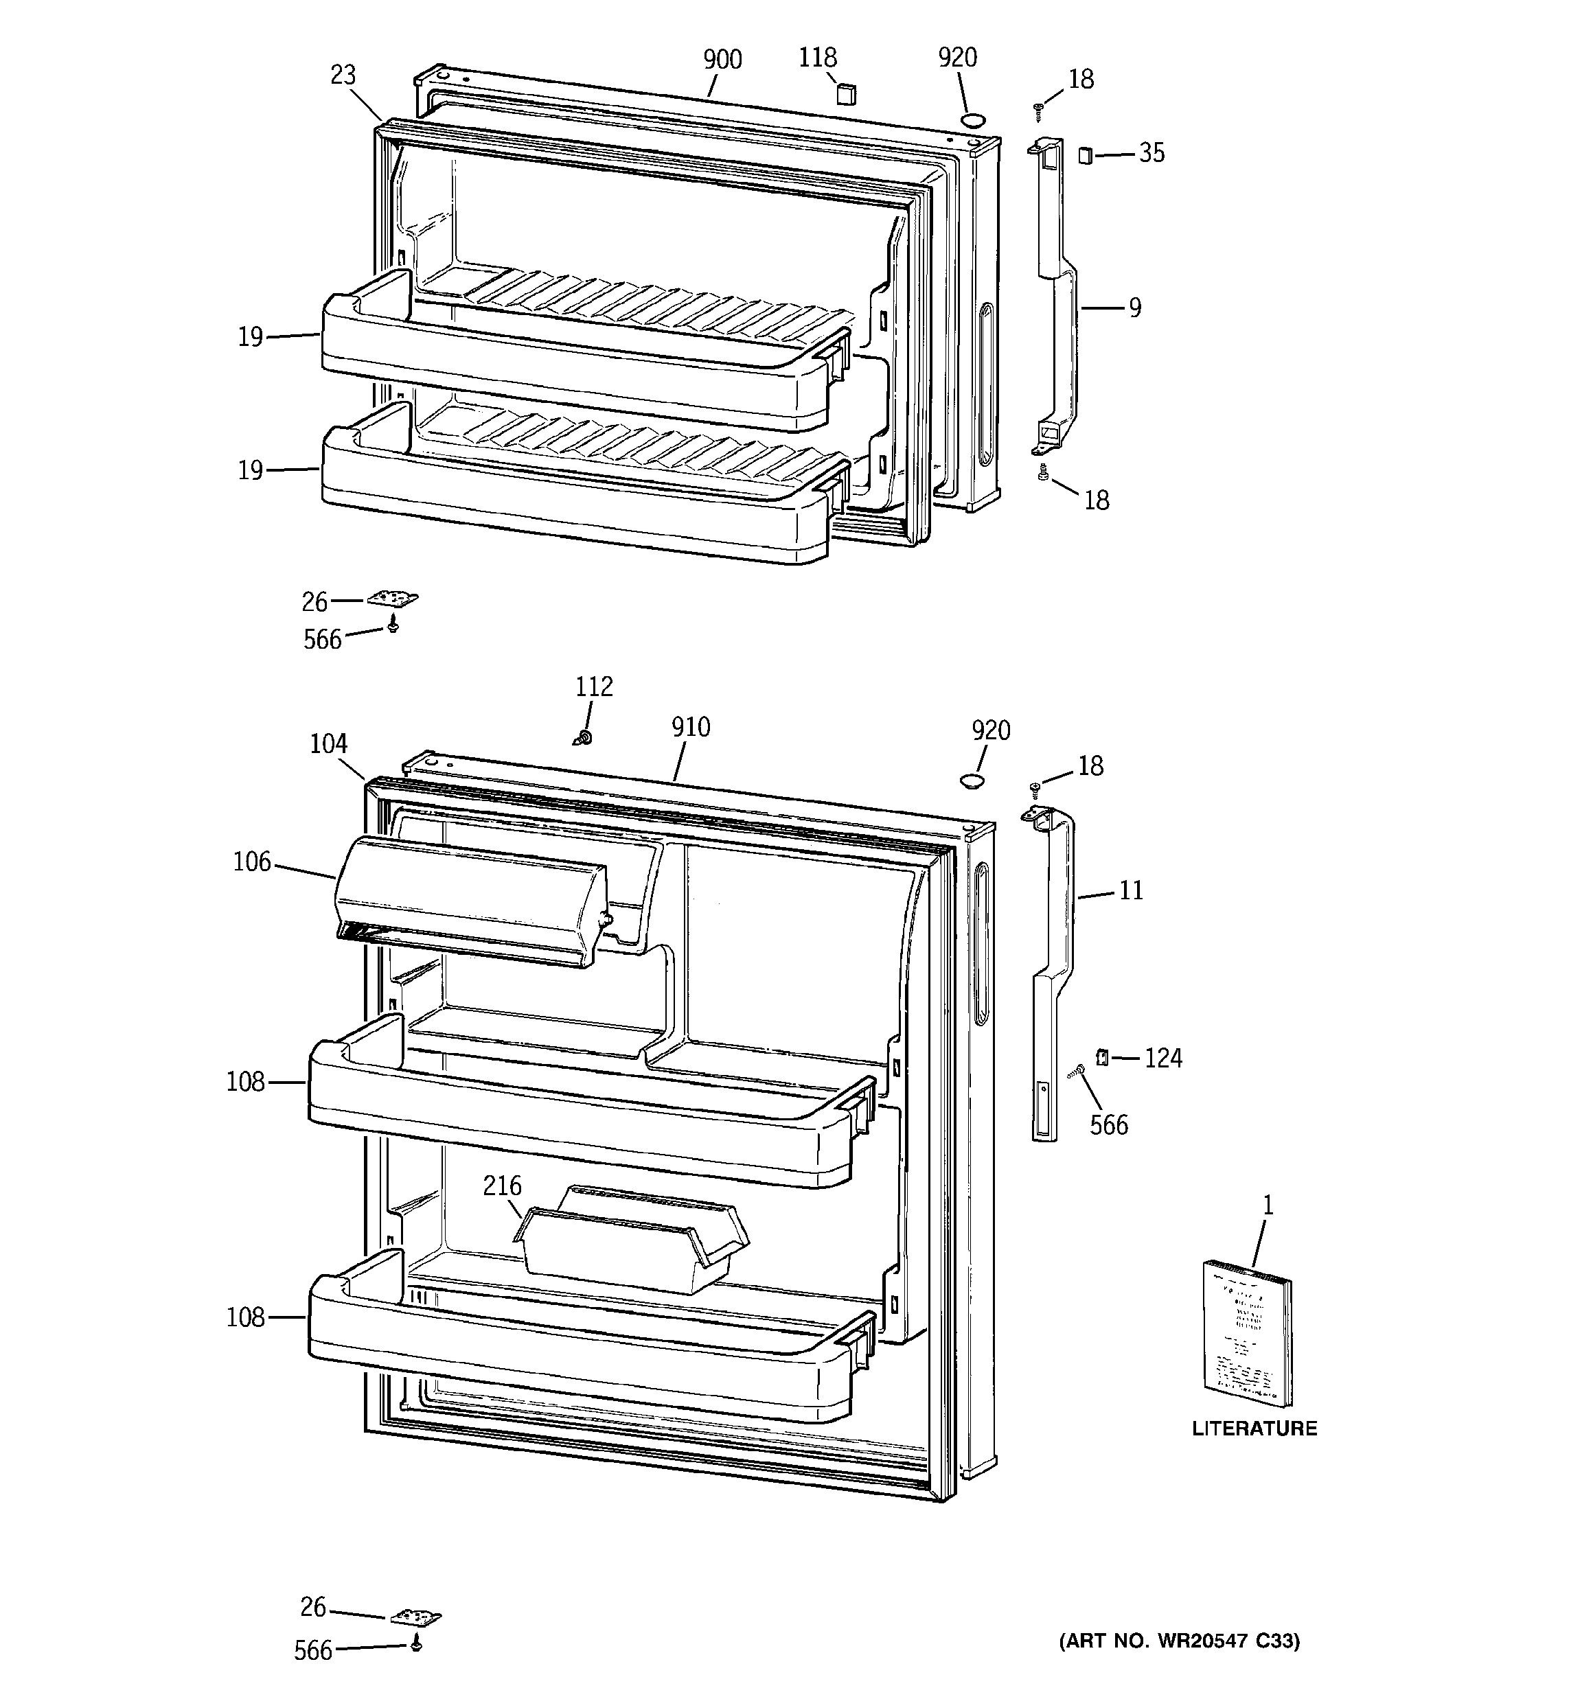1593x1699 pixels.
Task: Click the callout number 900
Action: tap(722, 60)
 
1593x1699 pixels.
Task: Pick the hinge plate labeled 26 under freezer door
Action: tap(393, 599)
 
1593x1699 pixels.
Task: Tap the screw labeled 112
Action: tap(585, 737)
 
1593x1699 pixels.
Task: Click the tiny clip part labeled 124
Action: tap(1102, 1058)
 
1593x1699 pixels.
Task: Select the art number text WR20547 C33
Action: tap(1214, 1641)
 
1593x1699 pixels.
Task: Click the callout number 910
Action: tap(690, 727)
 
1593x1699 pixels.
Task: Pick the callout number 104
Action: tap(328, 744)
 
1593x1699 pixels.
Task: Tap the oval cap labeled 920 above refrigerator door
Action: tap(972, 781)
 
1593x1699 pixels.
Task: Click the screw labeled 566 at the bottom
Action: tap(416, 1643)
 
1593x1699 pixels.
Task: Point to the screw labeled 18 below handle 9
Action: tap(1042, 472)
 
